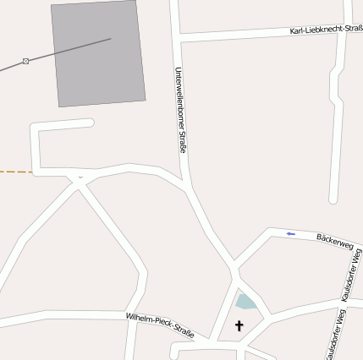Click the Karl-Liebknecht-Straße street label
(325, 30)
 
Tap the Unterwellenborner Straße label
(179, 110)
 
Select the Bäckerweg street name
(333, 243)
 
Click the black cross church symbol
(239, 326)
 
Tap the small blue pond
(245, 302)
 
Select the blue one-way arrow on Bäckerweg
(290, 234)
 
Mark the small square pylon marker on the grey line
(26, 61)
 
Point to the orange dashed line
(15, 172)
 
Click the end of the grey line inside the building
(110, 39)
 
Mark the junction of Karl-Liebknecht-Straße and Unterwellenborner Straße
(178, 38)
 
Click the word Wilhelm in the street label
(140, 319)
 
